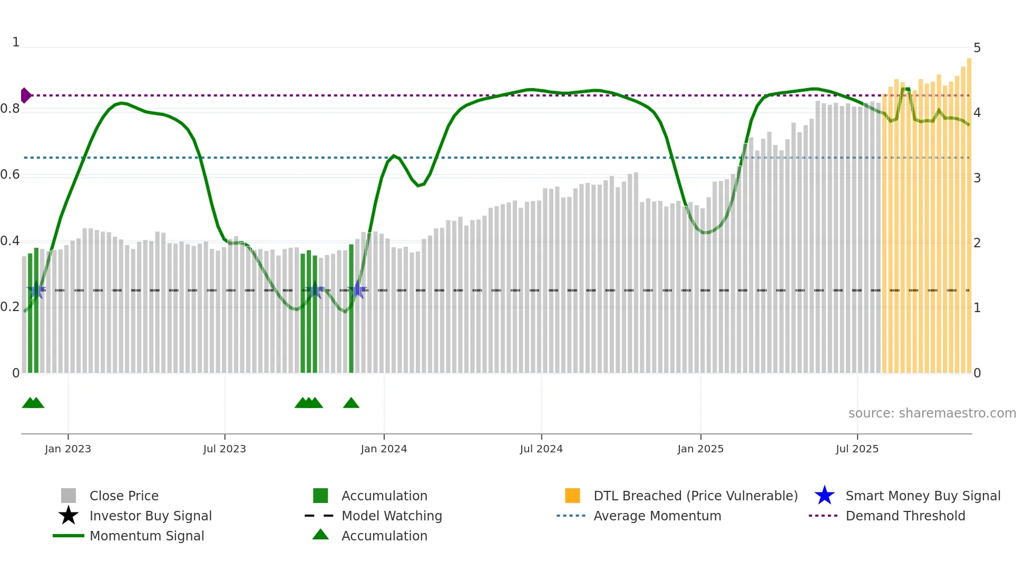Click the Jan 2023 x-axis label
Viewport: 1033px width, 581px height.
coord(68,449)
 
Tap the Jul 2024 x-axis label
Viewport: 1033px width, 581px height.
coord(541,449)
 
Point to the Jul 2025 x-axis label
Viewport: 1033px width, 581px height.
coord(857,449)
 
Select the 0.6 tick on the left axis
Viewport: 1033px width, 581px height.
coord(10,175)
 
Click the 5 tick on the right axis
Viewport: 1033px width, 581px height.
coord(977,48)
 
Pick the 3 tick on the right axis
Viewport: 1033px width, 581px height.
coord(977,178)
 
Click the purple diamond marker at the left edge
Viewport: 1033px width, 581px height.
coord(25,95)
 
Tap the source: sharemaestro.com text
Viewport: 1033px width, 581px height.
coord(932,413)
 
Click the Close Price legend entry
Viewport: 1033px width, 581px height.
coord(124,496)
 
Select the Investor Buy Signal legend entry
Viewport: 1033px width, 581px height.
coord(150,516)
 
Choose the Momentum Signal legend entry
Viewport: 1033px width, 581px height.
coord(147,536)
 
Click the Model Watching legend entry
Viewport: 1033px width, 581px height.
coord(392,516)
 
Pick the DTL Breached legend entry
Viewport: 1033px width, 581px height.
coord(695,496)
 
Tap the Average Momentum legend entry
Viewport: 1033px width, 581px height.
coord(657,516)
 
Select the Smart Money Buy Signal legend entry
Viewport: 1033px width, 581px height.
coord(923,496)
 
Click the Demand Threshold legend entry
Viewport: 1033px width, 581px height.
coord(905,516)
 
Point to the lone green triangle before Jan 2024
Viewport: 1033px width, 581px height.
coord(351,403)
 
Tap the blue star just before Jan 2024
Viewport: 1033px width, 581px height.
coord(357,289)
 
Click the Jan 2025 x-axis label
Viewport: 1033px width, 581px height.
coord(700,449)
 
